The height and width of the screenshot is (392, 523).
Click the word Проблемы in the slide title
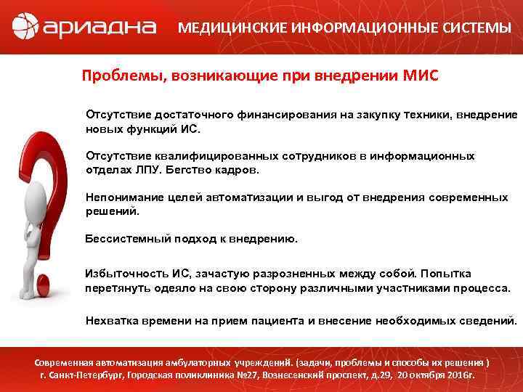coord(122,75)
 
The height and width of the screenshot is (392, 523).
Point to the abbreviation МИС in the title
coord(421,75)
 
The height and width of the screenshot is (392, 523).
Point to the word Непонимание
coord(123,197)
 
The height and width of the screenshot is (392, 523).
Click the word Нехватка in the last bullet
coord(112,320)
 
